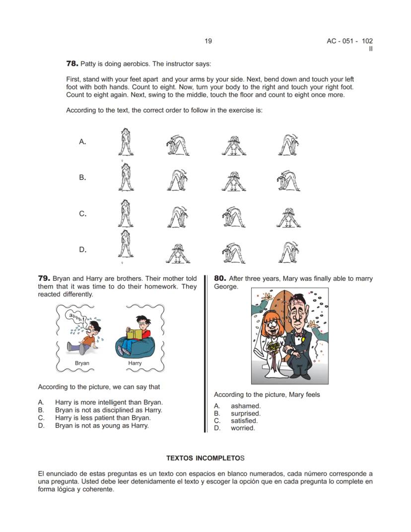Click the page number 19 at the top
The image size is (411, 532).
point(208,41)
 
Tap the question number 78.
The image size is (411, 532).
point(72,64)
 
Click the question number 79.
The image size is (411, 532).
point(44,279)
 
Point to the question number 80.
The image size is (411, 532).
point(220,279)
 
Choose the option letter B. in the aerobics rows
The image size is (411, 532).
point(82,177)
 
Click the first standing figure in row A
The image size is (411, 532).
point(126,142)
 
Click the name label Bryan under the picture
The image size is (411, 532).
point(82,363)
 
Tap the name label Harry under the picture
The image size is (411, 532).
point(135,363)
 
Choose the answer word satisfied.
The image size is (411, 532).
point(244,421)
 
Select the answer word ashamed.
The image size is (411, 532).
point(245,406)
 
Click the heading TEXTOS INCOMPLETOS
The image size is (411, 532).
point(205,457)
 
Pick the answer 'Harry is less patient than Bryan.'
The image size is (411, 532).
point(103,418)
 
